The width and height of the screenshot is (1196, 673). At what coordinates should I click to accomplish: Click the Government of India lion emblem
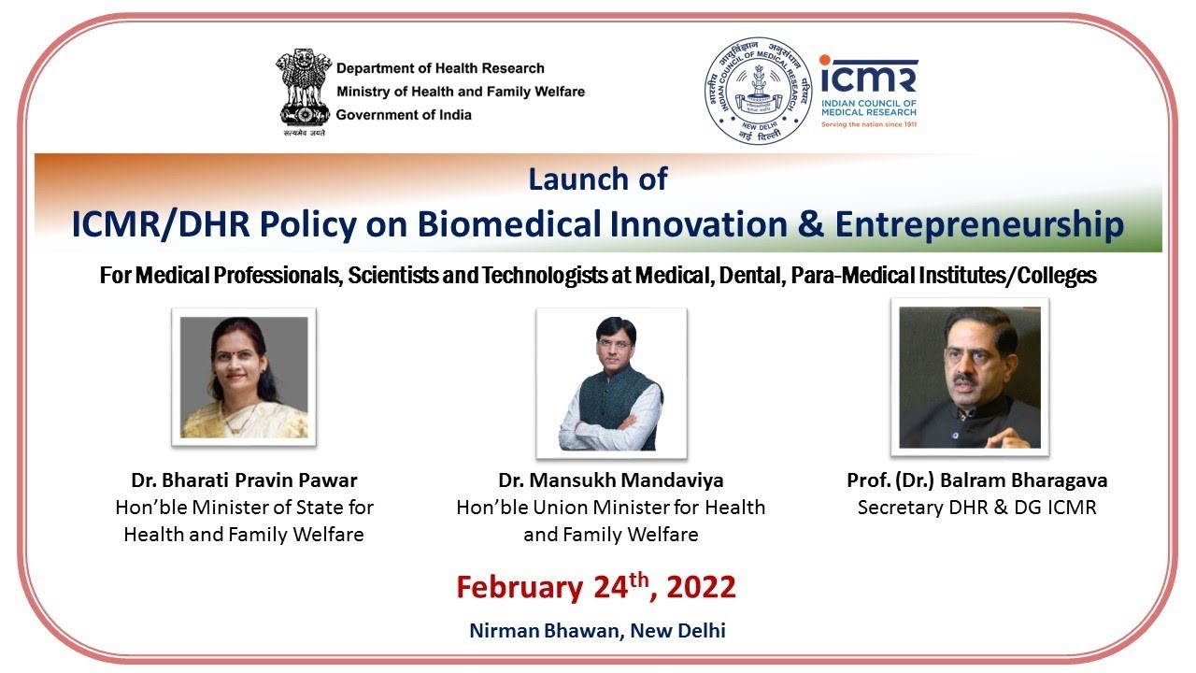pyautogui.click(x=304, y=92)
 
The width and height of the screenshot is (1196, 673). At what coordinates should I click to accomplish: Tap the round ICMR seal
pyautogui.click(x=758, y=91)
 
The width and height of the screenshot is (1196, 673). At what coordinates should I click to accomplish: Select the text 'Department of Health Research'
pyautogui.click(x=440, y=68)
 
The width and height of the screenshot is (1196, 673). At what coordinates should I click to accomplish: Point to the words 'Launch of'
pyautogui.click(x=597, y=179)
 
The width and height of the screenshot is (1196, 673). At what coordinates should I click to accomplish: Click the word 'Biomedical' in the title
pyautogui.click(x=509, y=223)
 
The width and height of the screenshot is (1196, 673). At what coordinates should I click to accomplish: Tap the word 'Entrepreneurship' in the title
pyautogui.click(x=980, y=225)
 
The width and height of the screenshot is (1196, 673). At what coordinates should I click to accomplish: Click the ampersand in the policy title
pyautogui.click(x=811, y=223)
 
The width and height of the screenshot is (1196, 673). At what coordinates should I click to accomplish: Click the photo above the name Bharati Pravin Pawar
pyautogui.click(x=244, y=377)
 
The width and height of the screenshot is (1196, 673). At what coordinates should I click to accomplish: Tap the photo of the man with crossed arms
pyautogui.click(x=611, y=383)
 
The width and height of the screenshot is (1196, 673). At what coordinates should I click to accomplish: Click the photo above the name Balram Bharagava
pyautogui.click(x=970, y=377)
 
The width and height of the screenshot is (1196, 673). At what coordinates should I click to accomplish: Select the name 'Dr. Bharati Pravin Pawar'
pyautogui.click(x=244, y=480)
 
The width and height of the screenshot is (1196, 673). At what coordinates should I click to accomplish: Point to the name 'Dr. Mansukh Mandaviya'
pyautogui.click(x=611, y=480)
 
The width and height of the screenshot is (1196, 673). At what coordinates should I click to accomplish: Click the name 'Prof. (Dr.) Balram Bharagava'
pyautogui.click(x=977, y=480)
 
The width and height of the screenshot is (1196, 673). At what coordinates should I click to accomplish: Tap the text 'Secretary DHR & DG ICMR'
pyautogui.click(x=977, y=508)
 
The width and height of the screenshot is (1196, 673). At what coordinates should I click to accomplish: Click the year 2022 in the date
pyautogui.click(x=701, y=587)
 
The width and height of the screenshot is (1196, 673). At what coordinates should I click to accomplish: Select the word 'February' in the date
pyautogui.click(x=520, y=588)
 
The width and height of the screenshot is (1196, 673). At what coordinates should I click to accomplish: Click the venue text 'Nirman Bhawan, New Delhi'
pyautogui.click(x=597, y=631)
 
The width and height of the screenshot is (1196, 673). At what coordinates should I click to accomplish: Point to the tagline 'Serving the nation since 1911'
pyautogui.click(x=869, y=124)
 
